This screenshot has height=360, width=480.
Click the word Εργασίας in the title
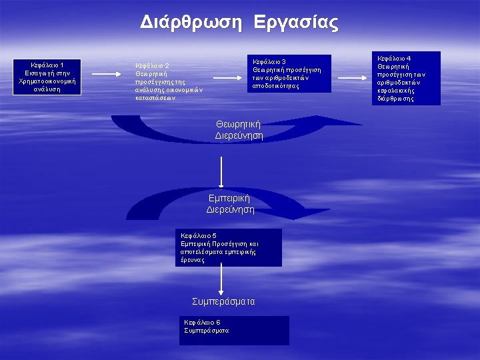295,24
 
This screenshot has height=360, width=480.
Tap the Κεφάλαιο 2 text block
169,81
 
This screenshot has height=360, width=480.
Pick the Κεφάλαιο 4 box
407,78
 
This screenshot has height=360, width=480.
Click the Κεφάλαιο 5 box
229,247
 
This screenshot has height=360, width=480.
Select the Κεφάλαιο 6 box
236,329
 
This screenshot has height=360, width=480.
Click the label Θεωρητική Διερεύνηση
239,129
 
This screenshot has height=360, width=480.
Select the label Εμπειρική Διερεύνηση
230,203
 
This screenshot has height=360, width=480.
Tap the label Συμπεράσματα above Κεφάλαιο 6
223,301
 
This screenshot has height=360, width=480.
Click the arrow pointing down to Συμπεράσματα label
221,280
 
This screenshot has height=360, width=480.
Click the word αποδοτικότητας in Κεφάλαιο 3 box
276,86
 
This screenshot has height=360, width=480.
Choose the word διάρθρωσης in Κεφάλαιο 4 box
395,99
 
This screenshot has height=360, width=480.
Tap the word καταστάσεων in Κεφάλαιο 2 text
155,97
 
